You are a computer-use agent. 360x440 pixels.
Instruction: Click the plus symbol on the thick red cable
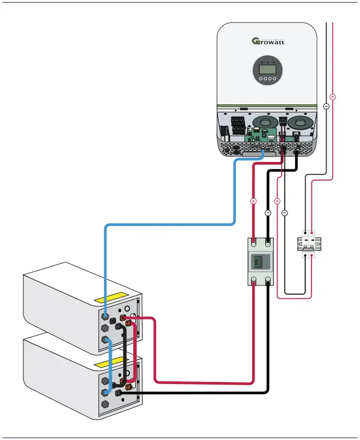click(x=253, y=201)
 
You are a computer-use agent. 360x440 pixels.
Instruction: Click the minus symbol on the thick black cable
click(x=268, y=213)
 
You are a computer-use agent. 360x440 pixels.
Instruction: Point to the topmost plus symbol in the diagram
click(x=332, y=97)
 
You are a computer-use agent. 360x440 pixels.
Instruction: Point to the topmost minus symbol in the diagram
click(x=326, y=106)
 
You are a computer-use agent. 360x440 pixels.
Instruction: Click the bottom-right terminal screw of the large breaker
click(x=268, y=280)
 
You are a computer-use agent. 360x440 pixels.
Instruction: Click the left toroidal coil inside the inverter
click(x=265, y=122)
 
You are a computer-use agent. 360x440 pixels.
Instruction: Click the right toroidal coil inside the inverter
click(x=301, y=122)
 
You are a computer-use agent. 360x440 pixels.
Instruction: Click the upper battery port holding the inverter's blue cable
click(x=105, y=315)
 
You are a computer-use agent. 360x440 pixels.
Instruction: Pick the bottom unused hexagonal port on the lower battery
click(x=105, y=404)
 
